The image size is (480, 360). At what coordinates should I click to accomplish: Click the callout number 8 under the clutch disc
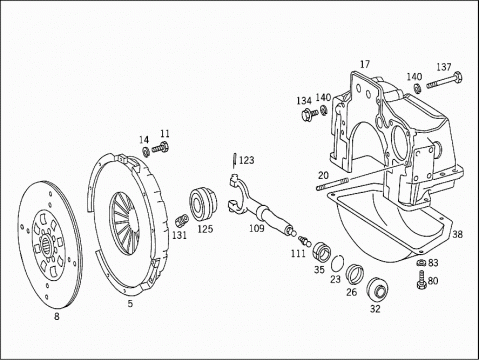coord(57,316)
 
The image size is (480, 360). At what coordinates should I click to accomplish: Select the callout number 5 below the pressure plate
coord(130,304)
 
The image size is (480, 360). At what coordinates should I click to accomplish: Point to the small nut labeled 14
coord(146,152)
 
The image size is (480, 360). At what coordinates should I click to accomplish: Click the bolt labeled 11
coord(160,148)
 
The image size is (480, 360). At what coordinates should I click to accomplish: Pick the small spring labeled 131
coord(182,221)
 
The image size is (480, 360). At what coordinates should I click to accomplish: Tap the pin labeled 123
coord(236,160)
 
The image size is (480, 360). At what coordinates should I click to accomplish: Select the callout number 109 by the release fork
coord(257,228)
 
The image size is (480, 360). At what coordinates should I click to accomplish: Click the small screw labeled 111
coord(304,240)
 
